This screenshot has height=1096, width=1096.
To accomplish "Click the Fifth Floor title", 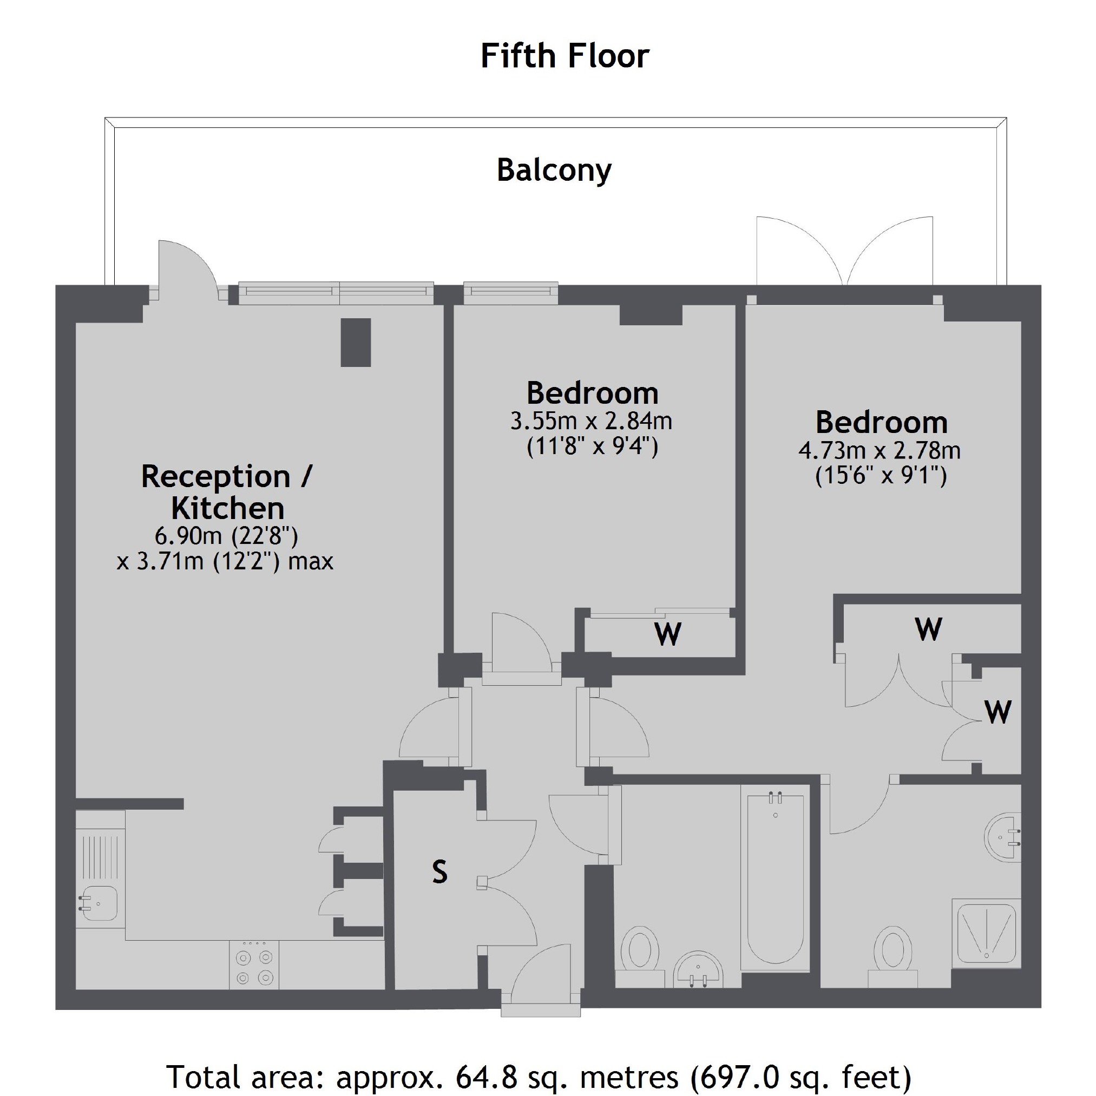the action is (x=565, y=56).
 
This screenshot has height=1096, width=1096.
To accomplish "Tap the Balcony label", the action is (x=554, y=169).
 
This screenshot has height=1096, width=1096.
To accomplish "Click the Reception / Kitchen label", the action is (x=227, y=492).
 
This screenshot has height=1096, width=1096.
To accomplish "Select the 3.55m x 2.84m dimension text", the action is (x=591, y=422).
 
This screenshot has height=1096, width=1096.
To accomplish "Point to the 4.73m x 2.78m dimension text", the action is (x=880, y=451).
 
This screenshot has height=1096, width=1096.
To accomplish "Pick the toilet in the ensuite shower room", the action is (x=892, y=954).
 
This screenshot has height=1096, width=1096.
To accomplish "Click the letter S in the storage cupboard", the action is (x=439, y=872).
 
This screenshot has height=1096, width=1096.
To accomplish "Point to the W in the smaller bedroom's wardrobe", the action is (x=668, y=634).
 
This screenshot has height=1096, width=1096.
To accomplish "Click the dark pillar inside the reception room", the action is (x=356, y=342).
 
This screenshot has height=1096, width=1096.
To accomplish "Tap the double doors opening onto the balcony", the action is (x=845, y=251).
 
